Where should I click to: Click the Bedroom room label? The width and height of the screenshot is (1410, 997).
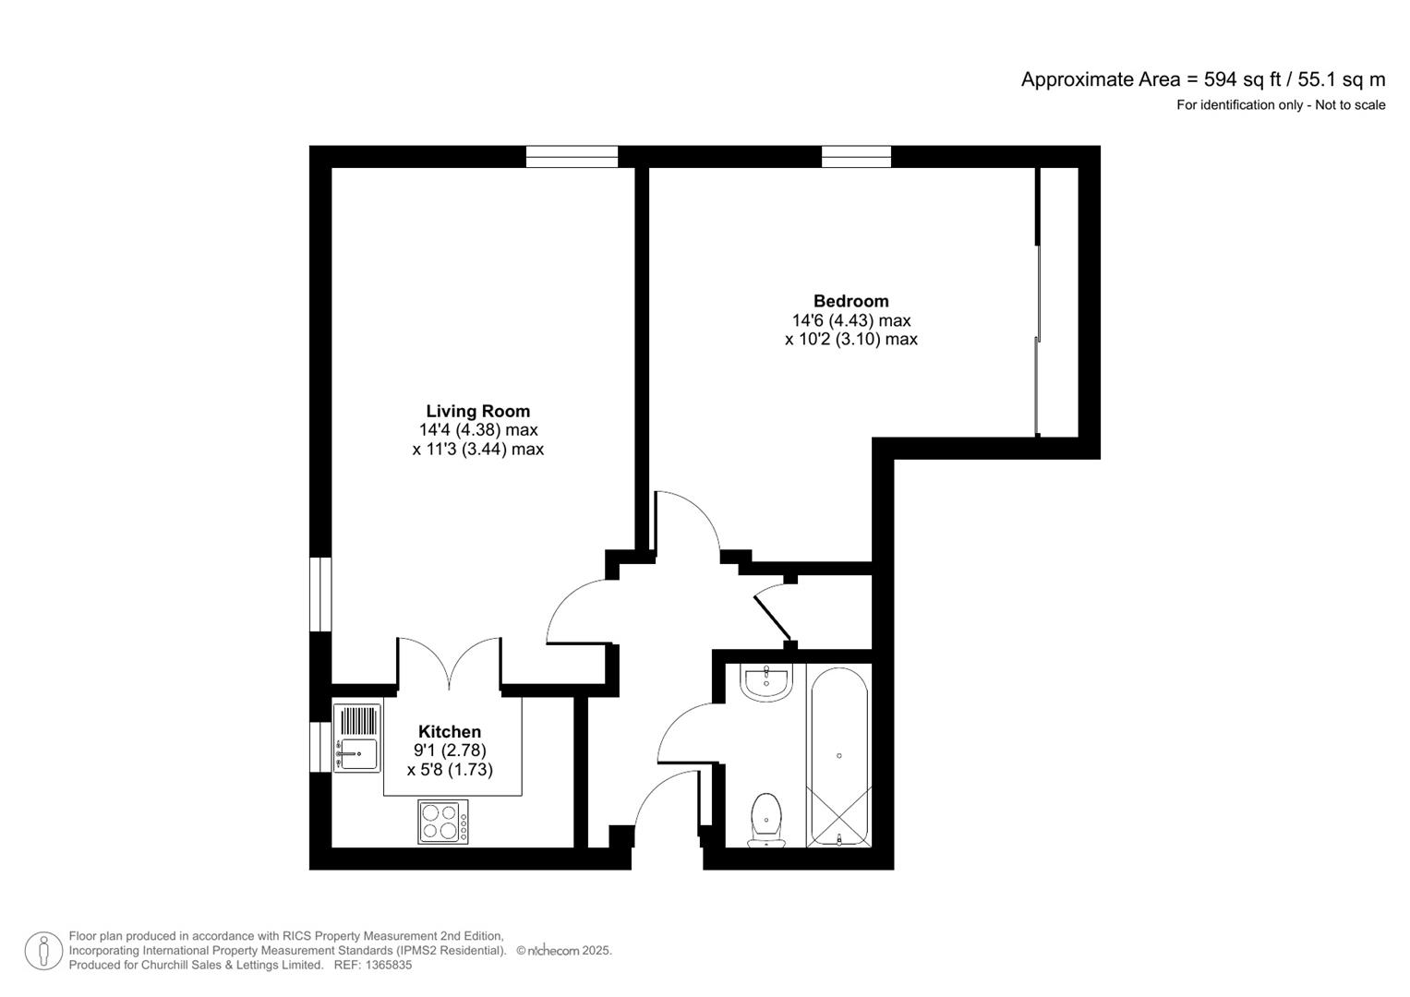pyautogui.click(x=850, y=301)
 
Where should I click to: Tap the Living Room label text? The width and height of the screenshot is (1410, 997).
pyautogui.click(x=477, y=412)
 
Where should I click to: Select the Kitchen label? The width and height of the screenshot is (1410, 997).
pyautogui.click(x=450, y=732)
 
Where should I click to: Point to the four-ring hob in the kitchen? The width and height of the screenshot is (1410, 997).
pyautogui.click(x=442, y=822)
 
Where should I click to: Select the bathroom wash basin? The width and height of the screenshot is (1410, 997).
pyautogui.click(x=766, y=682)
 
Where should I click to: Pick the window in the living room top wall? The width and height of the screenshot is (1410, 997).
pyautogui.click(x=572, y=157)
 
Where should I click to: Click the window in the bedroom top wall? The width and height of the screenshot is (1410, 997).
pyautogui.click(x=856, y=157)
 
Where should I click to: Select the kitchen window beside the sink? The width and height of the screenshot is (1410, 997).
pyautogui.click(x=319, y=746)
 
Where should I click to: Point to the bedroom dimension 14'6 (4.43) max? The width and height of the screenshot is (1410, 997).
pyautogui.click(x=850, y=320)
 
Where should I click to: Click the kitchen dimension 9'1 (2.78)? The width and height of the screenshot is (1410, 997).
pyautogui.click(x=450, y=751)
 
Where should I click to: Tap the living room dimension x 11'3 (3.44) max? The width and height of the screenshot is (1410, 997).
pyautogui.click(x=477, y=450)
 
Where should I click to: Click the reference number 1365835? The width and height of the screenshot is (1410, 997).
pyautogui.click(x=388, y=965)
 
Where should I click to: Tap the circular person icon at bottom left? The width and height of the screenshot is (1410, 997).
pyautogui.click(x=43, y=951)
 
